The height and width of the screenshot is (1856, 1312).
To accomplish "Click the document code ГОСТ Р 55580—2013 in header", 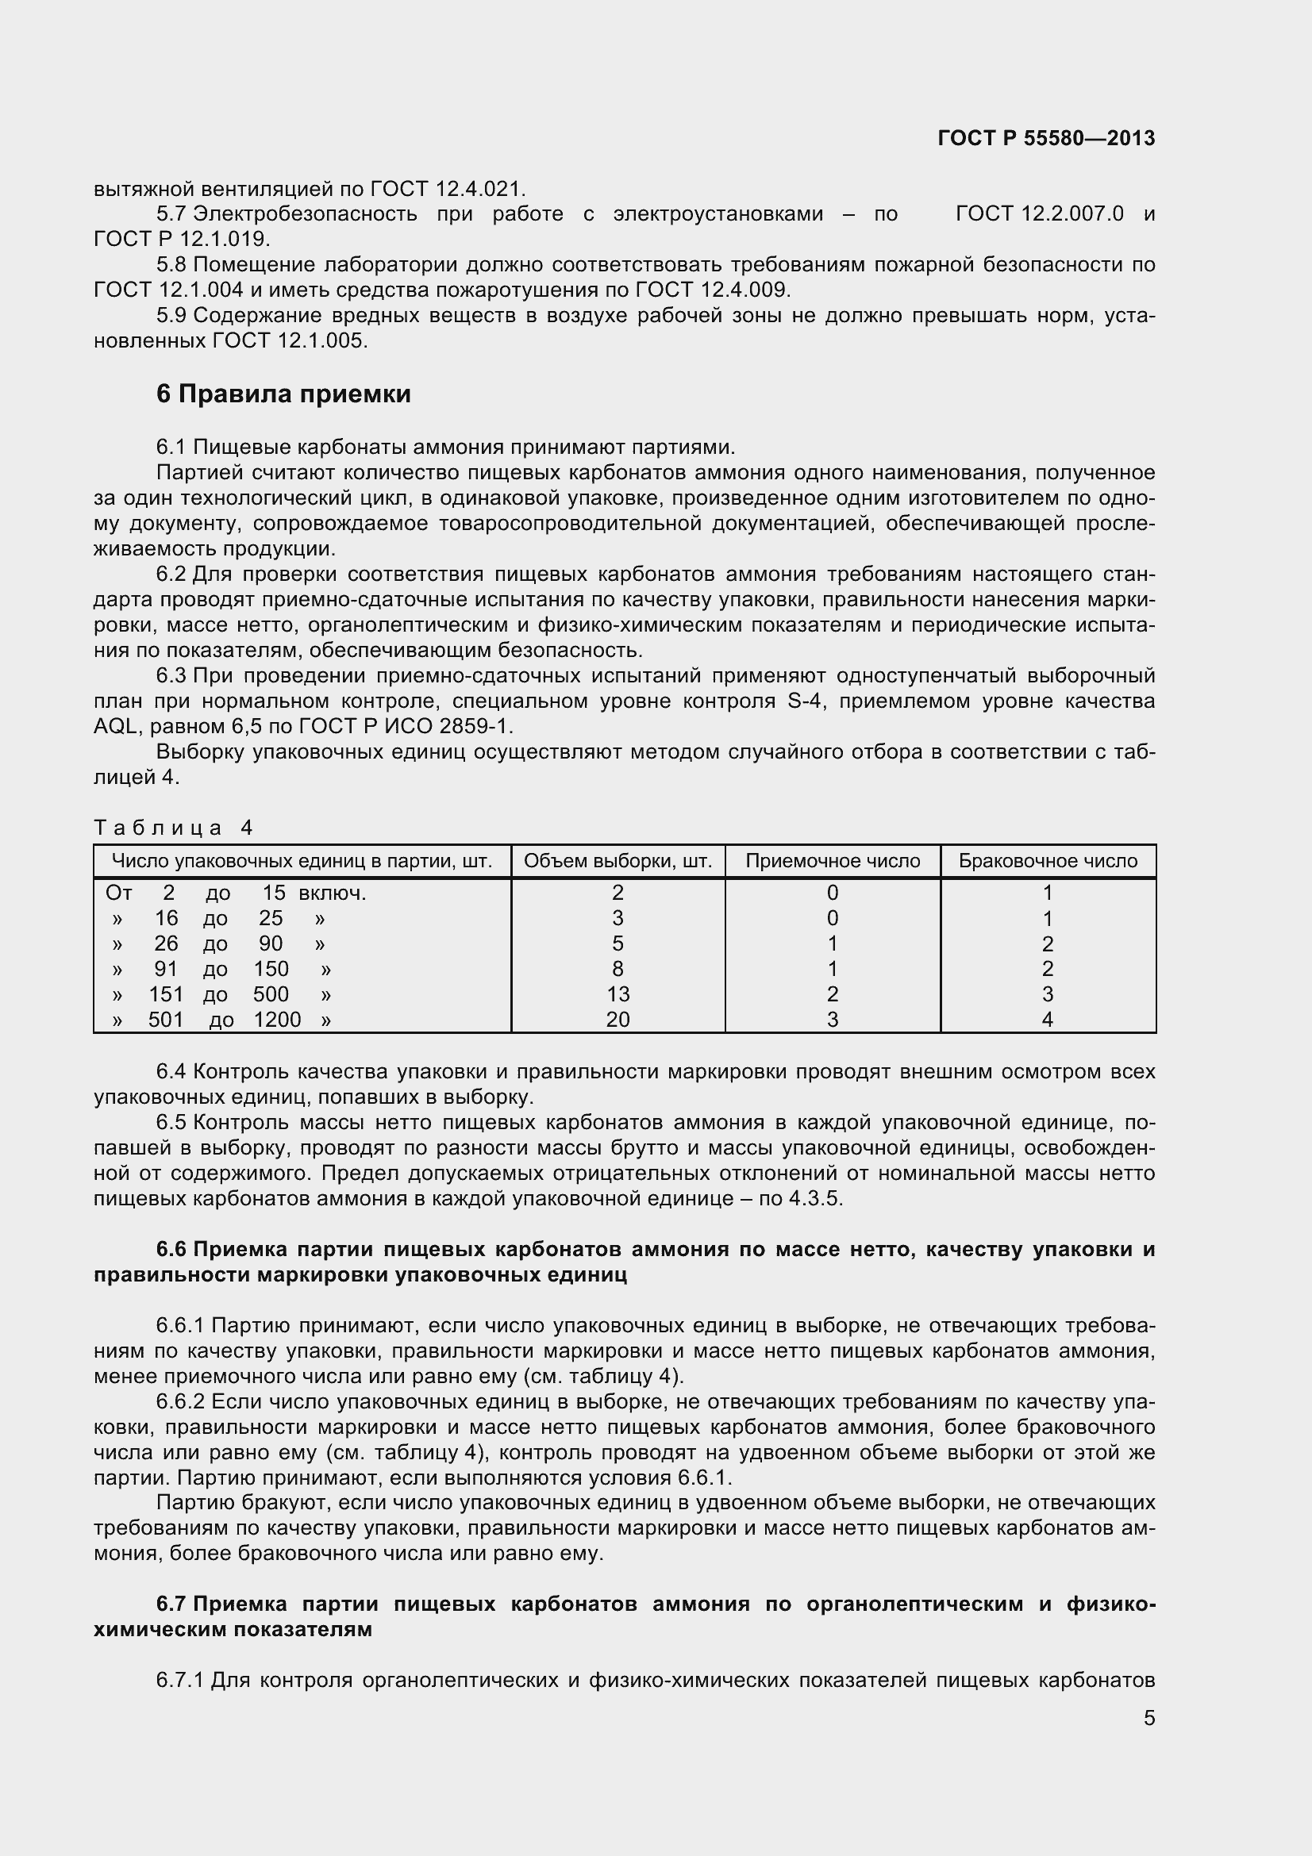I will pos(1046,138).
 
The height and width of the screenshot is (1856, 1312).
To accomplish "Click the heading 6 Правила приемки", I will pos(283,394).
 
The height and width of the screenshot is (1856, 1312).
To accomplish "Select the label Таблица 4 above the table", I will pos(174,827).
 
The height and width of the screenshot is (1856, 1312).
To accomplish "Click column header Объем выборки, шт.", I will pos(618,861).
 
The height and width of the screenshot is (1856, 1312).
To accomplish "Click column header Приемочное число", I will pos(832,861).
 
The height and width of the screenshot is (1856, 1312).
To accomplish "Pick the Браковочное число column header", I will pos(1048,861).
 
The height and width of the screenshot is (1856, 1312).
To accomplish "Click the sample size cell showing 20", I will pos(618,1020).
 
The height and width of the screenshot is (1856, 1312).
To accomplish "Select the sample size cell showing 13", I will pos(618,994).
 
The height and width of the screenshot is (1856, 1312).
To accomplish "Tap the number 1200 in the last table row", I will pos(277,1020).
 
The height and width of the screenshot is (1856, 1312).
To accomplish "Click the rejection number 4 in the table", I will pos(1048,1020).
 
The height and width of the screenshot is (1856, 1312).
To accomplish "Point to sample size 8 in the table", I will pos(618,968).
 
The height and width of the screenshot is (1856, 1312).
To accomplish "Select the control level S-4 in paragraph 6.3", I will pos(804,701).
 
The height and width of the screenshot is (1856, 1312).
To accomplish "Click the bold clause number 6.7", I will pos(171,1604).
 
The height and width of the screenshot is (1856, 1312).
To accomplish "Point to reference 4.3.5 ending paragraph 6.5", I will pos(816,1198).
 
